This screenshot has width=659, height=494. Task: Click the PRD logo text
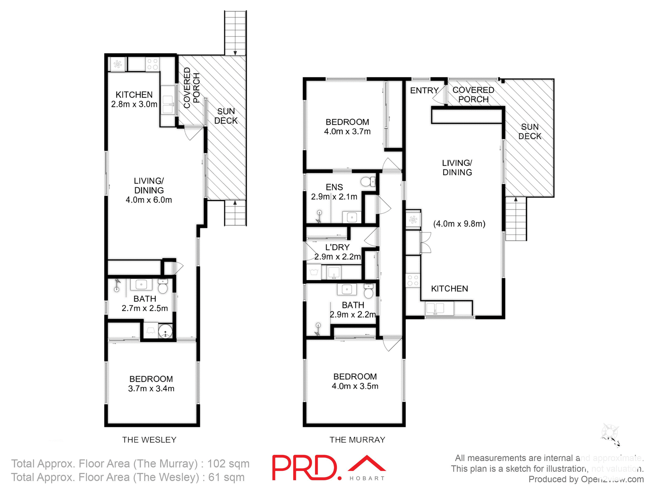(x=307, y=468)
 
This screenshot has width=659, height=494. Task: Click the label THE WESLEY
(x=149, y=440)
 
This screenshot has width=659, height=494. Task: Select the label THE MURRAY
(x=357, y=440)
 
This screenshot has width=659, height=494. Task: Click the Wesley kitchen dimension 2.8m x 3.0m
(x=134, y=104)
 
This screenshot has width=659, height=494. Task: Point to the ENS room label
(x=334, y=187)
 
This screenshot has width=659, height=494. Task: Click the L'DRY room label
(x=337, y=247)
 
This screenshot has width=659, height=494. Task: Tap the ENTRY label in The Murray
(x=424, y=90)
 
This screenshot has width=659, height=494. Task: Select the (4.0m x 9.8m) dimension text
(x=459, y=224)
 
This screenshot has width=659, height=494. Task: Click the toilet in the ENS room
(x=368, y=181)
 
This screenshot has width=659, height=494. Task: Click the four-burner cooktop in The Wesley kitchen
(x=152, y=64)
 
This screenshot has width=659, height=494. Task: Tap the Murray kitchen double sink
(x=435, y=308)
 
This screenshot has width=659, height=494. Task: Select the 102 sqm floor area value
(x=228, y=463)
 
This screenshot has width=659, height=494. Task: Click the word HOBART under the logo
(x=367, y=478)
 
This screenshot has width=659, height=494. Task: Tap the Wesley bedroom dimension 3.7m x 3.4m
(x=151, y=388)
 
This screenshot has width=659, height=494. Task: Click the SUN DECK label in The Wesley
(x=226, y=116)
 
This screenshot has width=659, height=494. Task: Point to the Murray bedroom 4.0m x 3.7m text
(x=347, y=131)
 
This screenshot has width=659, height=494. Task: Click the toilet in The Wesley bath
(x=163, y=287)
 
